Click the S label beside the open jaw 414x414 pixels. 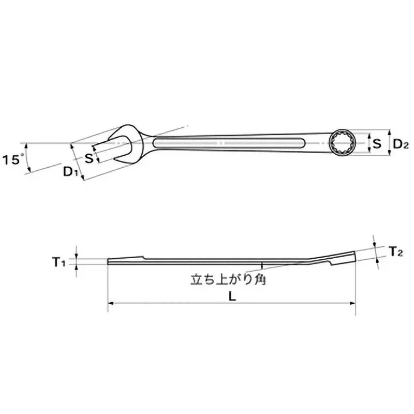(89, 158)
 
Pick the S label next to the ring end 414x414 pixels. (377, 143)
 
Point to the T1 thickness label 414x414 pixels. (59, 263)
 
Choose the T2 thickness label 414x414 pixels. (396, 252)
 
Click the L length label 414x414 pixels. (232, 297)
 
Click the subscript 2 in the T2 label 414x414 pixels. (400, 254)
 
